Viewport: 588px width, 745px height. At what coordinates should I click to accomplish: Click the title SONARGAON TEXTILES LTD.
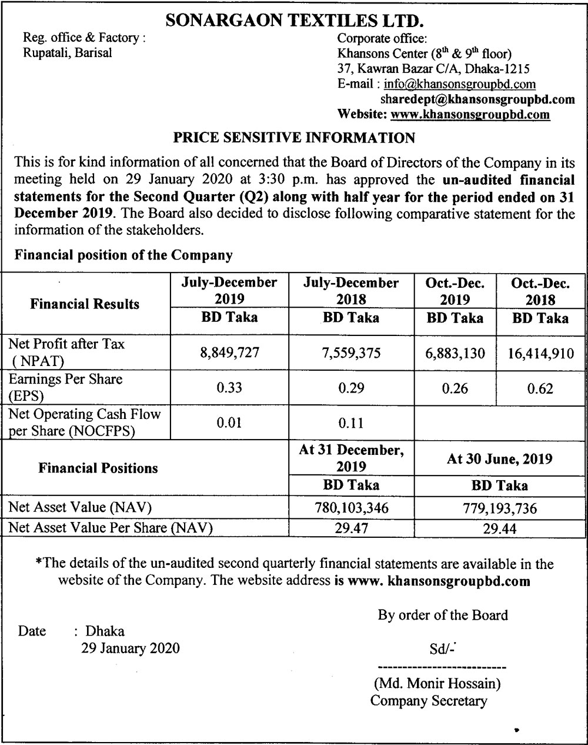click(x=295, y=21)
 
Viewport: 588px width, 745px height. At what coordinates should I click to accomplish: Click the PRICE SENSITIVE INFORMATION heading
click(x=295, y=138)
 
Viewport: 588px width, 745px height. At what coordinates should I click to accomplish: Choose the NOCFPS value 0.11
click(x=351, y=423)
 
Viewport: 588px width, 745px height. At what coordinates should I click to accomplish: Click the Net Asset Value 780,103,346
click(x=351, y=508)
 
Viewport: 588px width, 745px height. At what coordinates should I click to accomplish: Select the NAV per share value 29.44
click(x=500, y=528)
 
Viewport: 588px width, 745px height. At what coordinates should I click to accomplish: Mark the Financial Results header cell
click(x=85, y=304)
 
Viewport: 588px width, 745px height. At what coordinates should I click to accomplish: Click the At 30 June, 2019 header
click(x=500, y=459)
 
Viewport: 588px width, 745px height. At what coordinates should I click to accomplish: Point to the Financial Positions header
click(x=98, y=468)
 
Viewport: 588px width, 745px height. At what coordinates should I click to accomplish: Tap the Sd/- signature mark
click(x=442, y=651)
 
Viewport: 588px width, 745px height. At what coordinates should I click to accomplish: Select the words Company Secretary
click(x=429, y=701)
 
